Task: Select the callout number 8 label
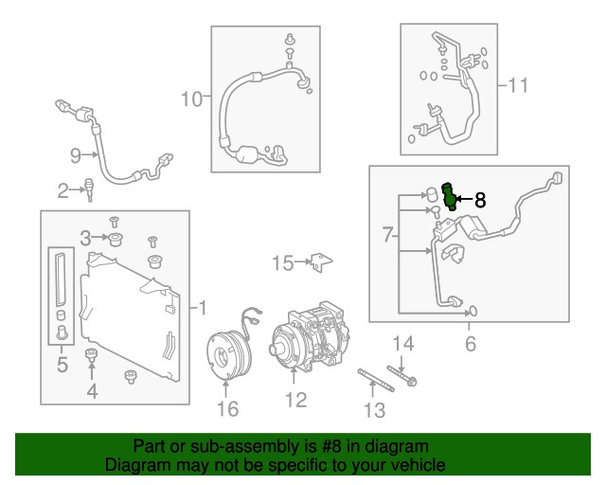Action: (x=479, y=200)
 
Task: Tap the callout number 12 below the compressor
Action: (x=295, y=401)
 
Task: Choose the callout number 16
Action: (x=227, y=408)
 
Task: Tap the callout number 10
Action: (x=191, y=98)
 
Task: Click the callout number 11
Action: (x=516, y=86)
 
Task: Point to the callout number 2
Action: (x=63, y=191)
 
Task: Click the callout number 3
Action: (x=84, y=237)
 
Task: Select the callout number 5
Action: (x=62, y=363)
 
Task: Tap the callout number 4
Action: (x=92, y=390)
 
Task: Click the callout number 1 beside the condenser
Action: (x=201, y=307)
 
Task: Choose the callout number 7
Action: (x=386, y=234)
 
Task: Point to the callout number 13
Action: (x=375, y=409)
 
